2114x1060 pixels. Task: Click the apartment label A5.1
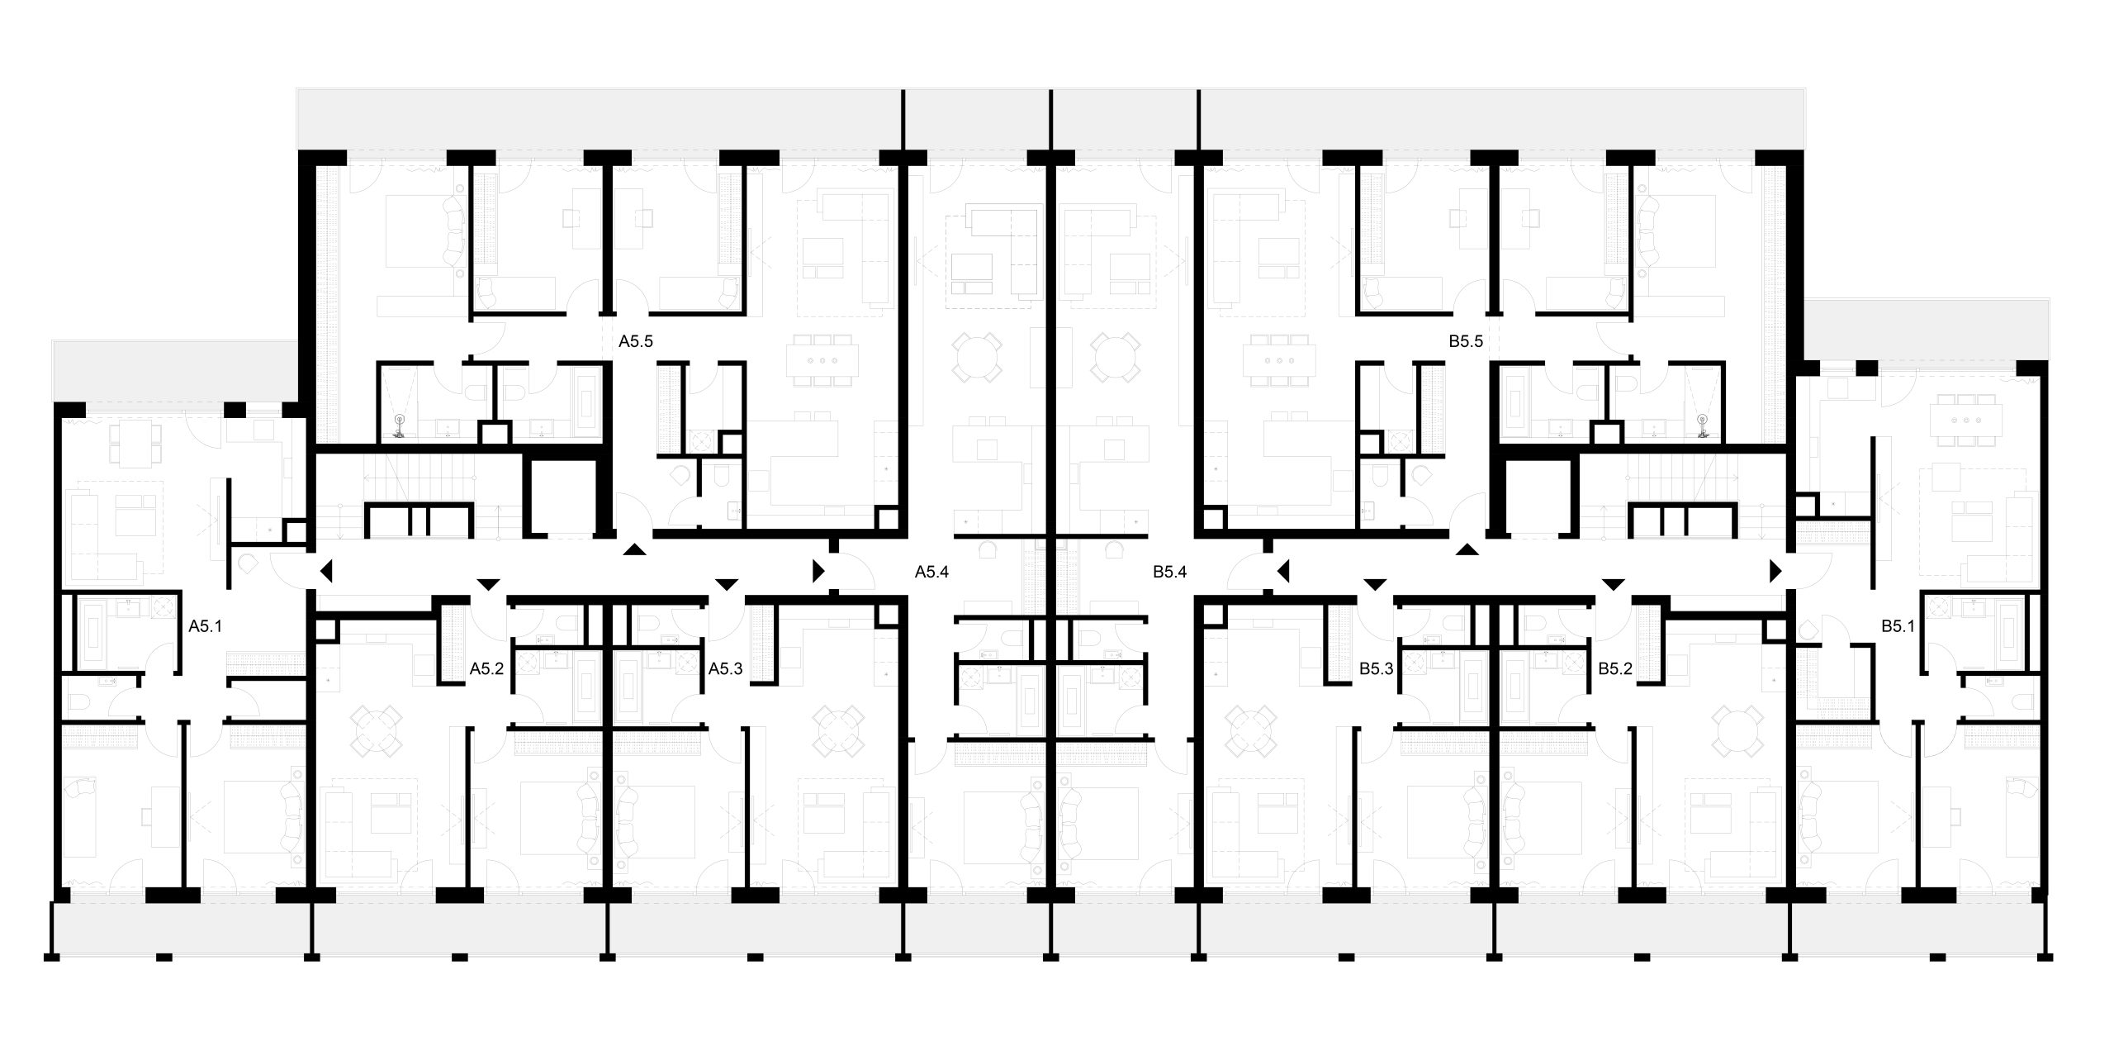click(206, 626)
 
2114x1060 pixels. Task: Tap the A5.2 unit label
click(486, 669)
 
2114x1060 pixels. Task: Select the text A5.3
click(725, 669)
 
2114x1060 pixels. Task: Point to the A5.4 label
click(931, 572)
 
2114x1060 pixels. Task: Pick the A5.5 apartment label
click(636, 341)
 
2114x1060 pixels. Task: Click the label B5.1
click(1898, 626)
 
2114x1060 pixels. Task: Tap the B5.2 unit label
click(1615, 669)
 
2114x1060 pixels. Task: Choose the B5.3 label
click(1377, 669)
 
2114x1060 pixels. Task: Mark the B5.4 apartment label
click(1170, 572)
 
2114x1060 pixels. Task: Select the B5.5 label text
click(1466, 341)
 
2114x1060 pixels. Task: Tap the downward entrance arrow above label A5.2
click(489, 585)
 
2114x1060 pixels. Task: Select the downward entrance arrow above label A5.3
click(727, 585)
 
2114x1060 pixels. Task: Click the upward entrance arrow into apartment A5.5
click(634, 549)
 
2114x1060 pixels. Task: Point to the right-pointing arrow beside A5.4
click(818, 571)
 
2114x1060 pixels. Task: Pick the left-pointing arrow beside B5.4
click(1283, 571)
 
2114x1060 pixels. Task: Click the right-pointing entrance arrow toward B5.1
click(1775, 571)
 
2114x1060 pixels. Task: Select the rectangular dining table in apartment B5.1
click(1966, 421)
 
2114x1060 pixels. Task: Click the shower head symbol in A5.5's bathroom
click(400, 425)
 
